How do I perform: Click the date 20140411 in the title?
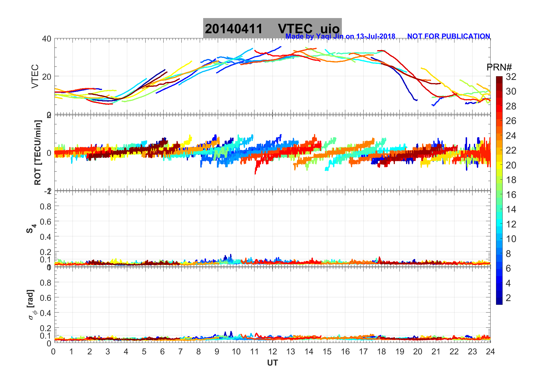click(x=234, y=29)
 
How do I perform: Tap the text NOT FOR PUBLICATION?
click(x=448, y=36)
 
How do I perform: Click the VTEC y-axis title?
click(x=35, y=76)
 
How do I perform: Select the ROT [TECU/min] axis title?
click(x=38, y=153)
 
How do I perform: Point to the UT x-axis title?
click(x=272, y=363)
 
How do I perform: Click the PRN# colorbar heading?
click(x=499, y=67)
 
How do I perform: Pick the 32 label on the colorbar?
click(x=511, y=77)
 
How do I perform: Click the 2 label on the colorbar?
click(x=508, y=298)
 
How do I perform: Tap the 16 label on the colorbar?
click(x=511, y=195)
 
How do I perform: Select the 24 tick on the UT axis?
click(x=490, y=351)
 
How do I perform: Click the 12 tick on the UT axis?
click(x=272, y=351)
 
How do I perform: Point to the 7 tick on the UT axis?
click(x=181, y=351)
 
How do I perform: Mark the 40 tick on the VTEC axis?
click(x=47, y=39)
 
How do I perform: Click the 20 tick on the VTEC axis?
click(x=47, y=76)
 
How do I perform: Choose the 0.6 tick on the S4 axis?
click(x=46, y=221)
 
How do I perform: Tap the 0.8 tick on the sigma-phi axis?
click(x=46, y=282)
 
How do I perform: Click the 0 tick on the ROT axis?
click(x=49, y=153)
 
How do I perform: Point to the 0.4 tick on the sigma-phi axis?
click(x=46, y=313)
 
